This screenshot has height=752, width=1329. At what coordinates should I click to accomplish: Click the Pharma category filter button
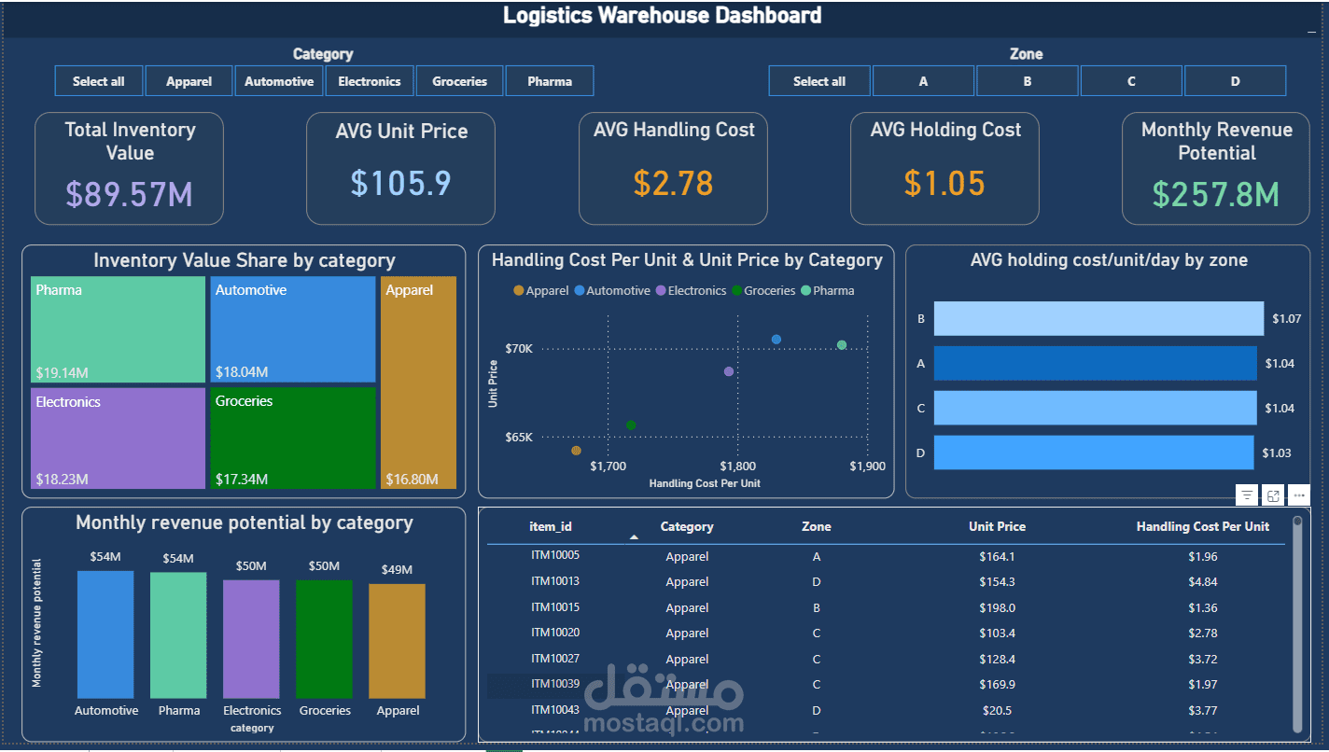[x=550, y=81]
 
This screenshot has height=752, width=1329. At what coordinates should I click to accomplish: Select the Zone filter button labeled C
[x=1131, y=81]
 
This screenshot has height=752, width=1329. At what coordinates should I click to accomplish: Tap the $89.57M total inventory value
[x=129, y=194]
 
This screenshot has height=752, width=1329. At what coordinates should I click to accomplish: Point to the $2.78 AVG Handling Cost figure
[x=673, y=183]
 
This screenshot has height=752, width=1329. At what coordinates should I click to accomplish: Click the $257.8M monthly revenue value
[x=1216, y=194]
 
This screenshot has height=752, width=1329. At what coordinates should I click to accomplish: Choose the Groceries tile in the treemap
[x=293, y=439]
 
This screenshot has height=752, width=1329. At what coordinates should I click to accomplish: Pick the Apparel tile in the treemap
[x=418, y=383]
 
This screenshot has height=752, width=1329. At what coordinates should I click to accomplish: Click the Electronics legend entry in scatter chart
[x=696, y=291]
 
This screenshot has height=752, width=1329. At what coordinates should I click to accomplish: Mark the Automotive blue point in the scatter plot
[x=776, y=340]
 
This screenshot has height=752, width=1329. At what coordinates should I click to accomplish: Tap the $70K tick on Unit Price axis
[x=519, y=349]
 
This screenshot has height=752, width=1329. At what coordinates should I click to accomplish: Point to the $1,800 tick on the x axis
[x=738, y=466]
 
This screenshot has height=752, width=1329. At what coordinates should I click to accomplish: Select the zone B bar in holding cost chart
[x=1098, y=318]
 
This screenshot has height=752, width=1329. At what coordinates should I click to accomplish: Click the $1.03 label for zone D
[x=1277, y=453]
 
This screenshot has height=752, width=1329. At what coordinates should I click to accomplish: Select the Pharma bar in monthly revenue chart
[x=178, y=634]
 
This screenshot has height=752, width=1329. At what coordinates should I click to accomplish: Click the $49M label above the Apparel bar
[x=397, y=569]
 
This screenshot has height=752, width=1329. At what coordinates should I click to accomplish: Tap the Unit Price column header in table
[x=997, y=526]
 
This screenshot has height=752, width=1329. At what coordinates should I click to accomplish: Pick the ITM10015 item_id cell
[x=555, y=607]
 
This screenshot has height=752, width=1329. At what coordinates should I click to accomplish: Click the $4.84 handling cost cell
[x=1202, y=582]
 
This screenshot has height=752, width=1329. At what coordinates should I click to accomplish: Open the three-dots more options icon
[x=1298, y=495]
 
